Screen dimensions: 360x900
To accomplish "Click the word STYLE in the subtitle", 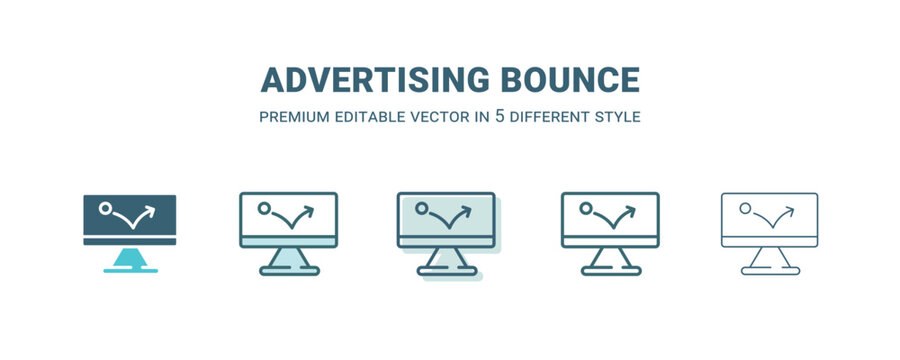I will [617, 117].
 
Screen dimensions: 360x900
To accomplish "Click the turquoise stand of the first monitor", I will [129, 259].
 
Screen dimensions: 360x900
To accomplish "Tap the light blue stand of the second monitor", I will [288, 257].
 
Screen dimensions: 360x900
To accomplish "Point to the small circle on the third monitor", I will [423, 209].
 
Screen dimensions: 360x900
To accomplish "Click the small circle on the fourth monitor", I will [585, 209].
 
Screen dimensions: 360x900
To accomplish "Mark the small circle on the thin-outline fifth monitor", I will [744, 209].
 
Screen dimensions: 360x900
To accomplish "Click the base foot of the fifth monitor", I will [770, 271].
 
